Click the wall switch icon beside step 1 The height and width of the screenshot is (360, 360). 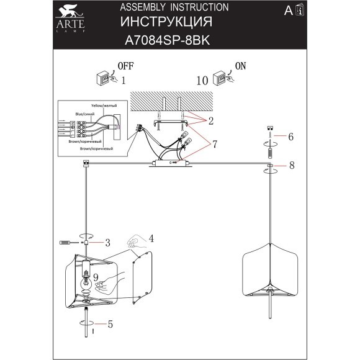click(x=103, y=80)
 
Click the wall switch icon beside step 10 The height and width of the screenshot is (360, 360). click(x=219, y=80)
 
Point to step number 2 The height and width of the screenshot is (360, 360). click(x=211, y=120)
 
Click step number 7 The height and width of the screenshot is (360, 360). click(x=213, y=144)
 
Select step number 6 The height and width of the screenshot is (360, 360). click(x=290, y=135)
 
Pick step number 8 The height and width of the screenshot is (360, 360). click(x=290, y=165)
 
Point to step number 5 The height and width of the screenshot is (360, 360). click(x=110, y=323)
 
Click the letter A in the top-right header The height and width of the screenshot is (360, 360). click(x=287, y=11)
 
